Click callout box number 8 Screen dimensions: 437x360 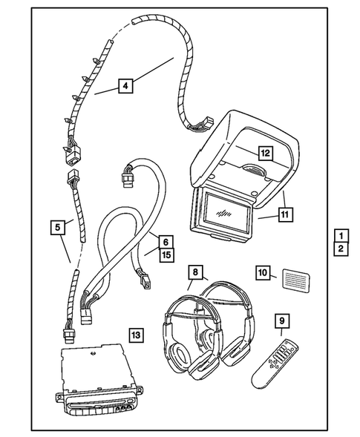pos(195,272)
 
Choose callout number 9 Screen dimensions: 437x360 pos(282,321)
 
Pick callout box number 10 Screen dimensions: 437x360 pos(263,272)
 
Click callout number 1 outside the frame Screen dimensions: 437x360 pos(339,235)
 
